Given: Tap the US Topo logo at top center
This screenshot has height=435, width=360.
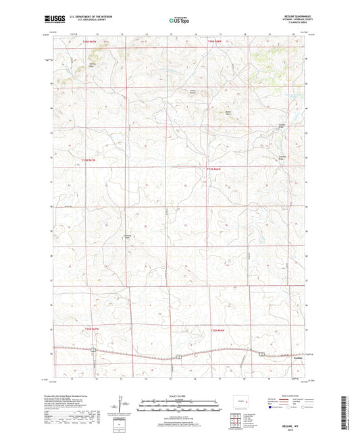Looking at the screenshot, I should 180,21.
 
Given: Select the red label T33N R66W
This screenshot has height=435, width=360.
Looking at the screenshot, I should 213,168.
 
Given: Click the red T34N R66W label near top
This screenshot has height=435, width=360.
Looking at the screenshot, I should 214,42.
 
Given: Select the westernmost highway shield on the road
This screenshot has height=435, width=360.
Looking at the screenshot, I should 95,350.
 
